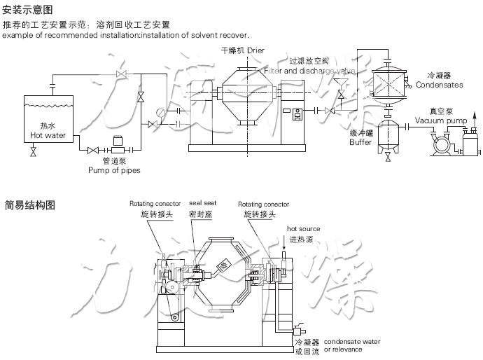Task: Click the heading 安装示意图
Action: pyautogui.click(x=27, y=11)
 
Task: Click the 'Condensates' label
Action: pyautogui.click(x=439, y=85)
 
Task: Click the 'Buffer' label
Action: pyautogui.click(x=360, y=142)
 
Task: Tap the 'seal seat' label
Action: pyautogui.click(x=202, y=203)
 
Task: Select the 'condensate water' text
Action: pyautogui.click(x=351, y=341)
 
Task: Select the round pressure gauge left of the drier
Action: pyautogui.click(x=162, y=111)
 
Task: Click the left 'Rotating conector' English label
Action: pyautogui.click(x=155, y=203)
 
